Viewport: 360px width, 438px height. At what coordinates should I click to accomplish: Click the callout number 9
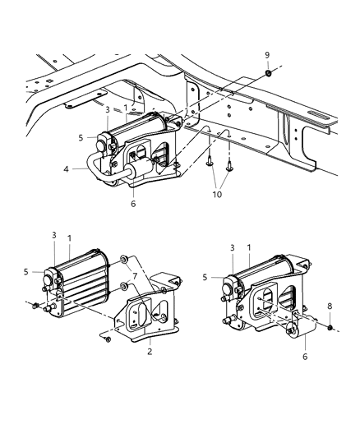(267, 56)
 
